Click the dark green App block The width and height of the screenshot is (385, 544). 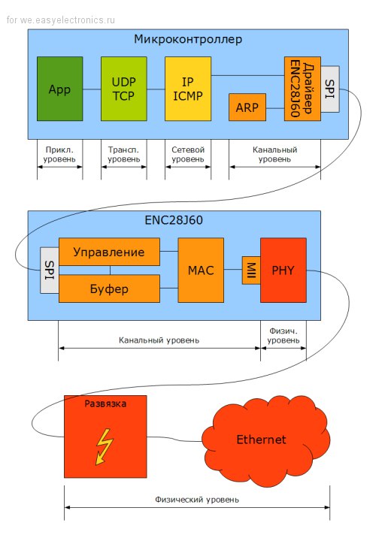pos(59,89)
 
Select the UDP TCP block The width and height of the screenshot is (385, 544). pos(123,89)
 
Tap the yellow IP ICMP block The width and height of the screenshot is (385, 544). pos(188,89)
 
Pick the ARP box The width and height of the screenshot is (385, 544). pos(247,107)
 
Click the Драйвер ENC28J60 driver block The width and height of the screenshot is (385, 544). pos(302,89)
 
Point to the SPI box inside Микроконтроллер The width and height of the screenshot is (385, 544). pos(330,89)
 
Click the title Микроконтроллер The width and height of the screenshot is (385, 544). pos(188,39)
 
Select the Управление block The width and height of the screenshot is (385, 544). pos(109,252)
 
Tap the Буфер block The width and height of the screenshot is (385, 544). pos(109,289)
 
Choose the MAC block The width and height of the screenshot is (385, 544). pos(201,270)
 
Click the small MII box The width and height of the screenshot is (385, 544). pos(251,270)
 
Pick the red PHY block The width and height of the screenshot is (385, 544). pos(283,270)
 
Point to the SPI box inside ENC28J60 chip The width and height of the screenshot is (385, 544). pos(50,270)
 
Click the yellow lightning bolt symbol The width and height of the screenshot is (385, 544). pos(104,446)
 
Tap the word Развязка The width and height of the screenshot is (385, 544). pos(105,403)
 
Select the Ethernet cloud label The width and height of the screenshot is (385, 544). pos(261,440)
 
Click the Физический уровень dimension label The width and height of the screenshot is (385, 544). pos(197,500)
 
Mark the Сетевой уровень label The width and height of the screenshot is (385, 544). pos(188,154)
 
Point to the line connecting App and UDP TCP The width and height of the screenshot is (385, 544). pos(92,89)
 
